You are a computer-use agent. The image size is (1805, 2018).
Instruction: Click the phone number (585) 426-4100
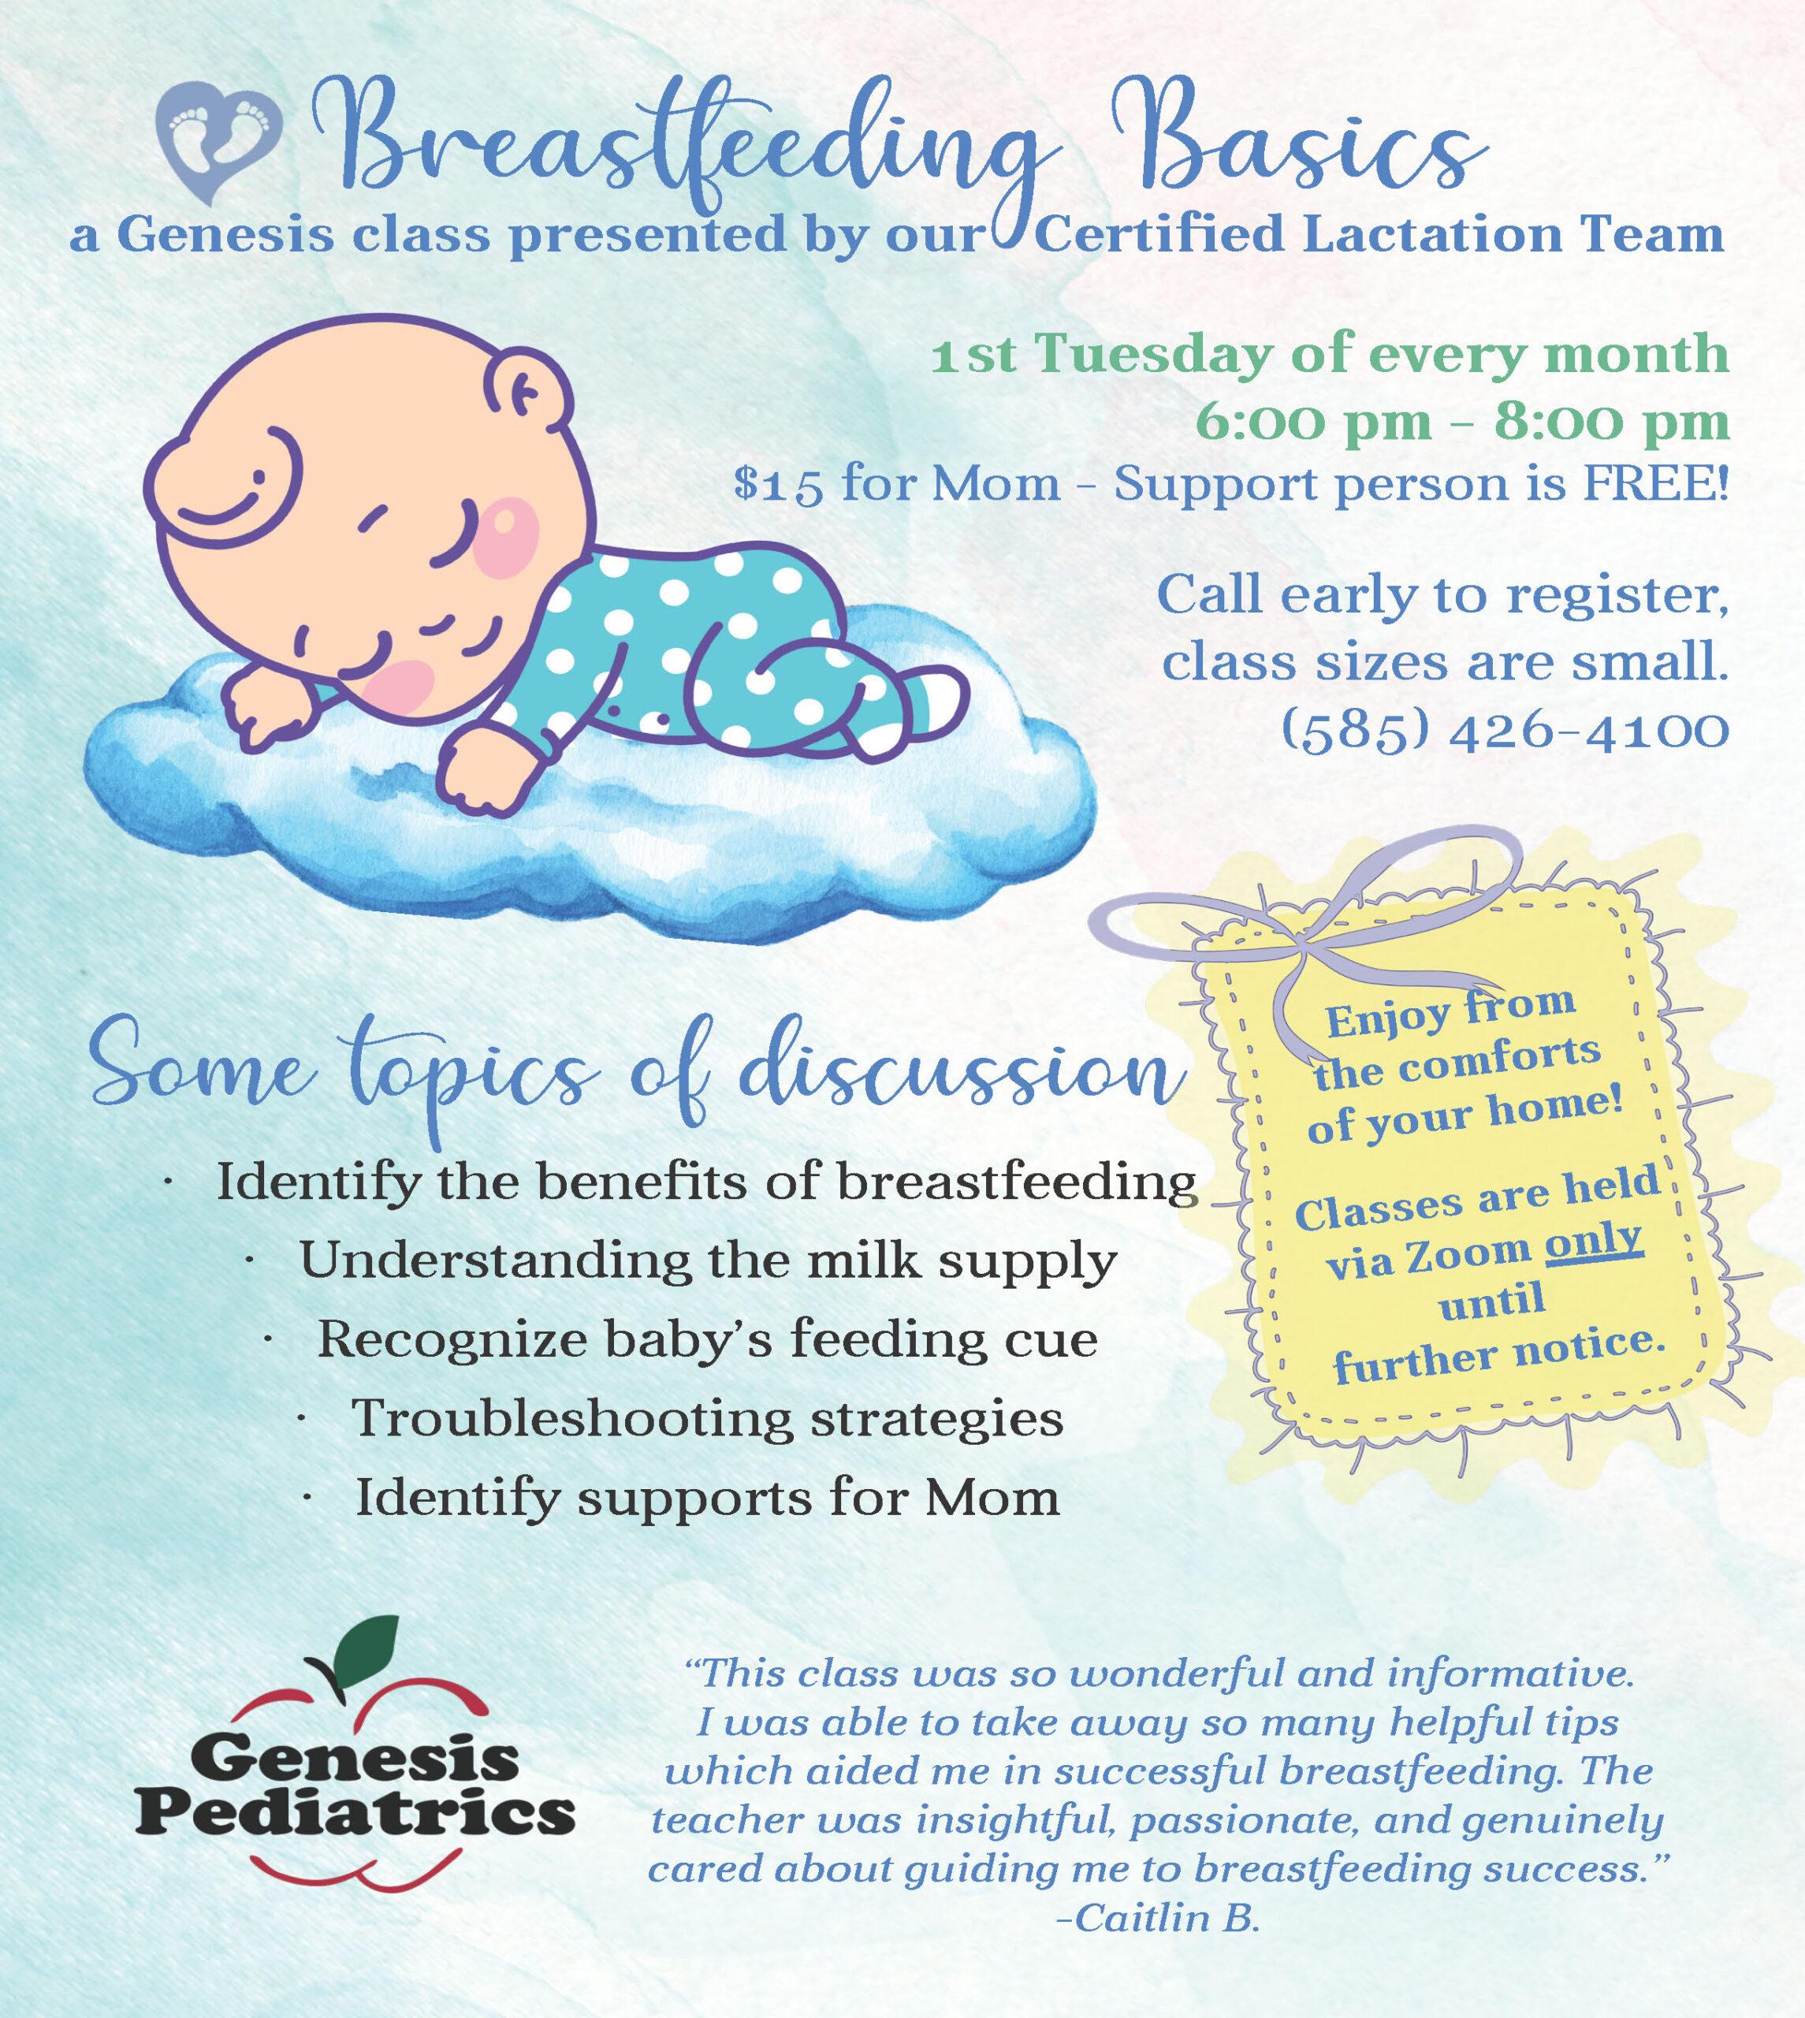coord(1505,731)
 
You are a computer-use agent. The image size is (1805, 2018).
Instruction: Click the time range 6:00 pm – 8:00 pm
coord(1463,422)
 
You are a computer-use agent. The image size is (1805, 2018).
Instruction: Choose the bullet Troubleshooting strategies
coord(707,1417)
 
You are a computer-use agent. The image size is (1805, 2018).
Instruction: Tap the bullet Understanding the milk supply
coord(708,1260)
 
